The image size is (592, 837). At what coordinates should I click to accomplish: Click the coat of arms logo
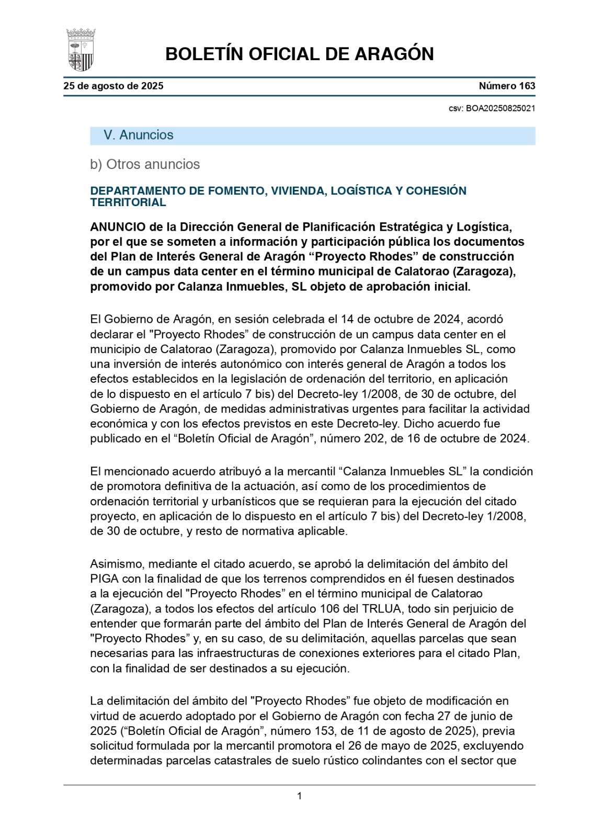click(81, 50)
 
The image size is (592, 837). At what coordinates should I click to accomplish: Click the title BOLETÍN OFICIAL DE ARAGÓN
click(299, 54)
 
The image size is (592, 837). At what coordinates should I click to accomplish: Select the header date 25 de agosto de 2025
click(113, 86)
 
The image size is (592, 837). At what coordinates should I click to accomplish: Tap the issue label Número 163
click(507, 86)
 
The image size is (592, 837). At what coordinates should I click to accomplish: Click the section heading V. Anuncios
click(139, 135)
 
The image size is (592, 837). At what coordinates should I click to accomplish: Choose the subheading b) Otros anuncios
click(145, 164)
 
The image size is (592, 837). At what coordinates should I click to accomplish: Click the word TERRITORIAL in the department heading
click(128, 202)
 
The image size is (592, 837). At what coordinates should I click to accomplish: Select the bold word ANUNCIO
click(118, 227)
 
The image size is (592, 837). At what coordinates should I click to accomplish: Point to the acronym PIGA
click(104, 579)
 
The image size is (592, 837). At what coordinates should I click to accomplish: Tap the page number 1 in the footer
click(299, 796)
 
